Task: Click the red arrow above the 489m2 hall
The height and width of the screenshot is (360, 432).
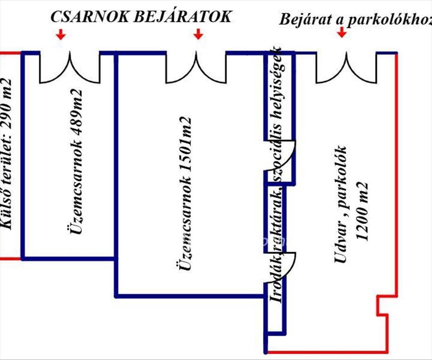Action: (x=61, y=35)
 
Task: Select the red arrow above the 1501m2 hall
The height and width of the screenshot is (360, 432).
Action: (x=198, y=35)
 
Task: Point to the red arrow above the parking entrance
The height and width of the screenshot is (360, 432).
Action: (x=342, y=33)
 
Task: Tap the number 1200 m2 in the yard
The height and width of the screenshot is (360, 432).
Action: (x=361, y=212)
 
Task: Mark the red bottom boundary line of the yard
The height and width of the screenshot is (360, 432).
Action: (x=326, y=352)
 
